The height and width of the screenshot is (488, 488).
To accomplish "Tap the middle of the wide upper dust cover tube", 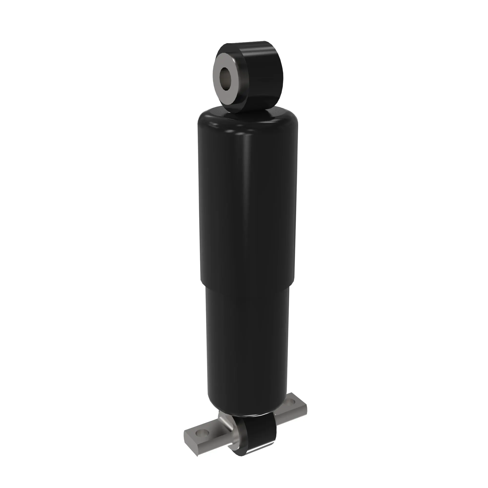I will (x=247, y=202).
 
